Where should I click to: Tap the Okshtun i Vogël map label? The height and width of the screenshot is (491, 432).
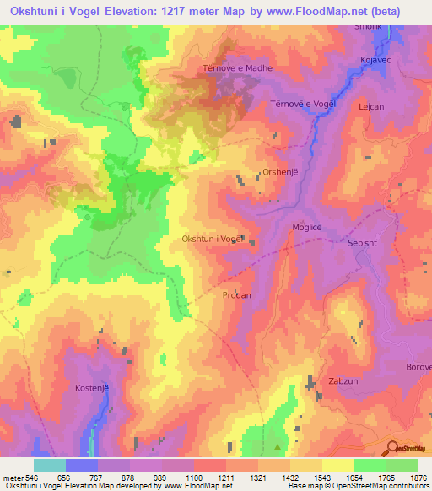coord(213,239)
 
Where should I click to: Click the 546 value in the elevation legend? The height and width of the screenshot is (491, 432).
coord(27,477)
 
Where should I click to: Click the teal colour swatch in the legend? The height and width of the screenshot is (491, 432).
coord(50,465)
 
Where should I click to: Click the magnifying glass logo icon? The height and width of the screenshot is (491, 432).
coord(391,447)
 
